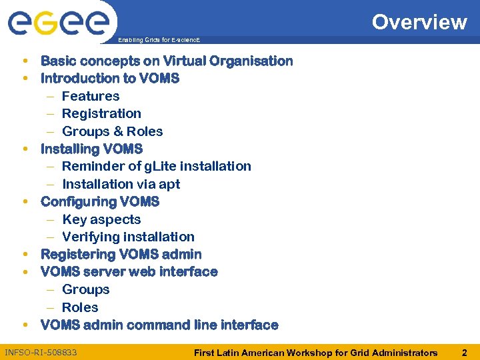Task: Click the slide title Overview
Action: click(419, 22)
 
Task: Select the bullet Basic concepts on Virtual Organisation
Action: click(167, 61)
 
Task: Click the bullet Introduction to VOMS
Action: click(110, 78)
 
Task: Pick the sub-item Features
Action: click(91, 96)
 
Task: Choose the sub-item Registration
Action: click(101, 113)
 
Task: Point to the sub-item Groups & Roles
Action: click(112, 131)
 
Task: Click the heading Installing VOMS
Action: click(91, 149)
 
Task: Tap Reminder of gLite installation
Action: click(157, 166)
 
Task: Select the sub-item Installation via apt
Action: click(121, 184)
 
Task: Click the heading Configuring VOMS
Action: click(100, 201)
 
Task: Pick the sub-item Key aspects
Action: click(101, 219)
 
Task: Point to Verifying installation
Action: click(128, 237)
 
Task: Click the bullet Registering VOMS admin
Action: click(121, 254)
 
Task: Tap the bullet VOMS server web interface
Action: click(129, 271)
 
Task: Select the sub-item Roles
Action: click(80, 307)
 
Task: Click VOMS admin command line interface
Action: click(159, 325)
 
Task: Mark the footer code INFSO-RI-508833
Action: click(41, 352)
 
